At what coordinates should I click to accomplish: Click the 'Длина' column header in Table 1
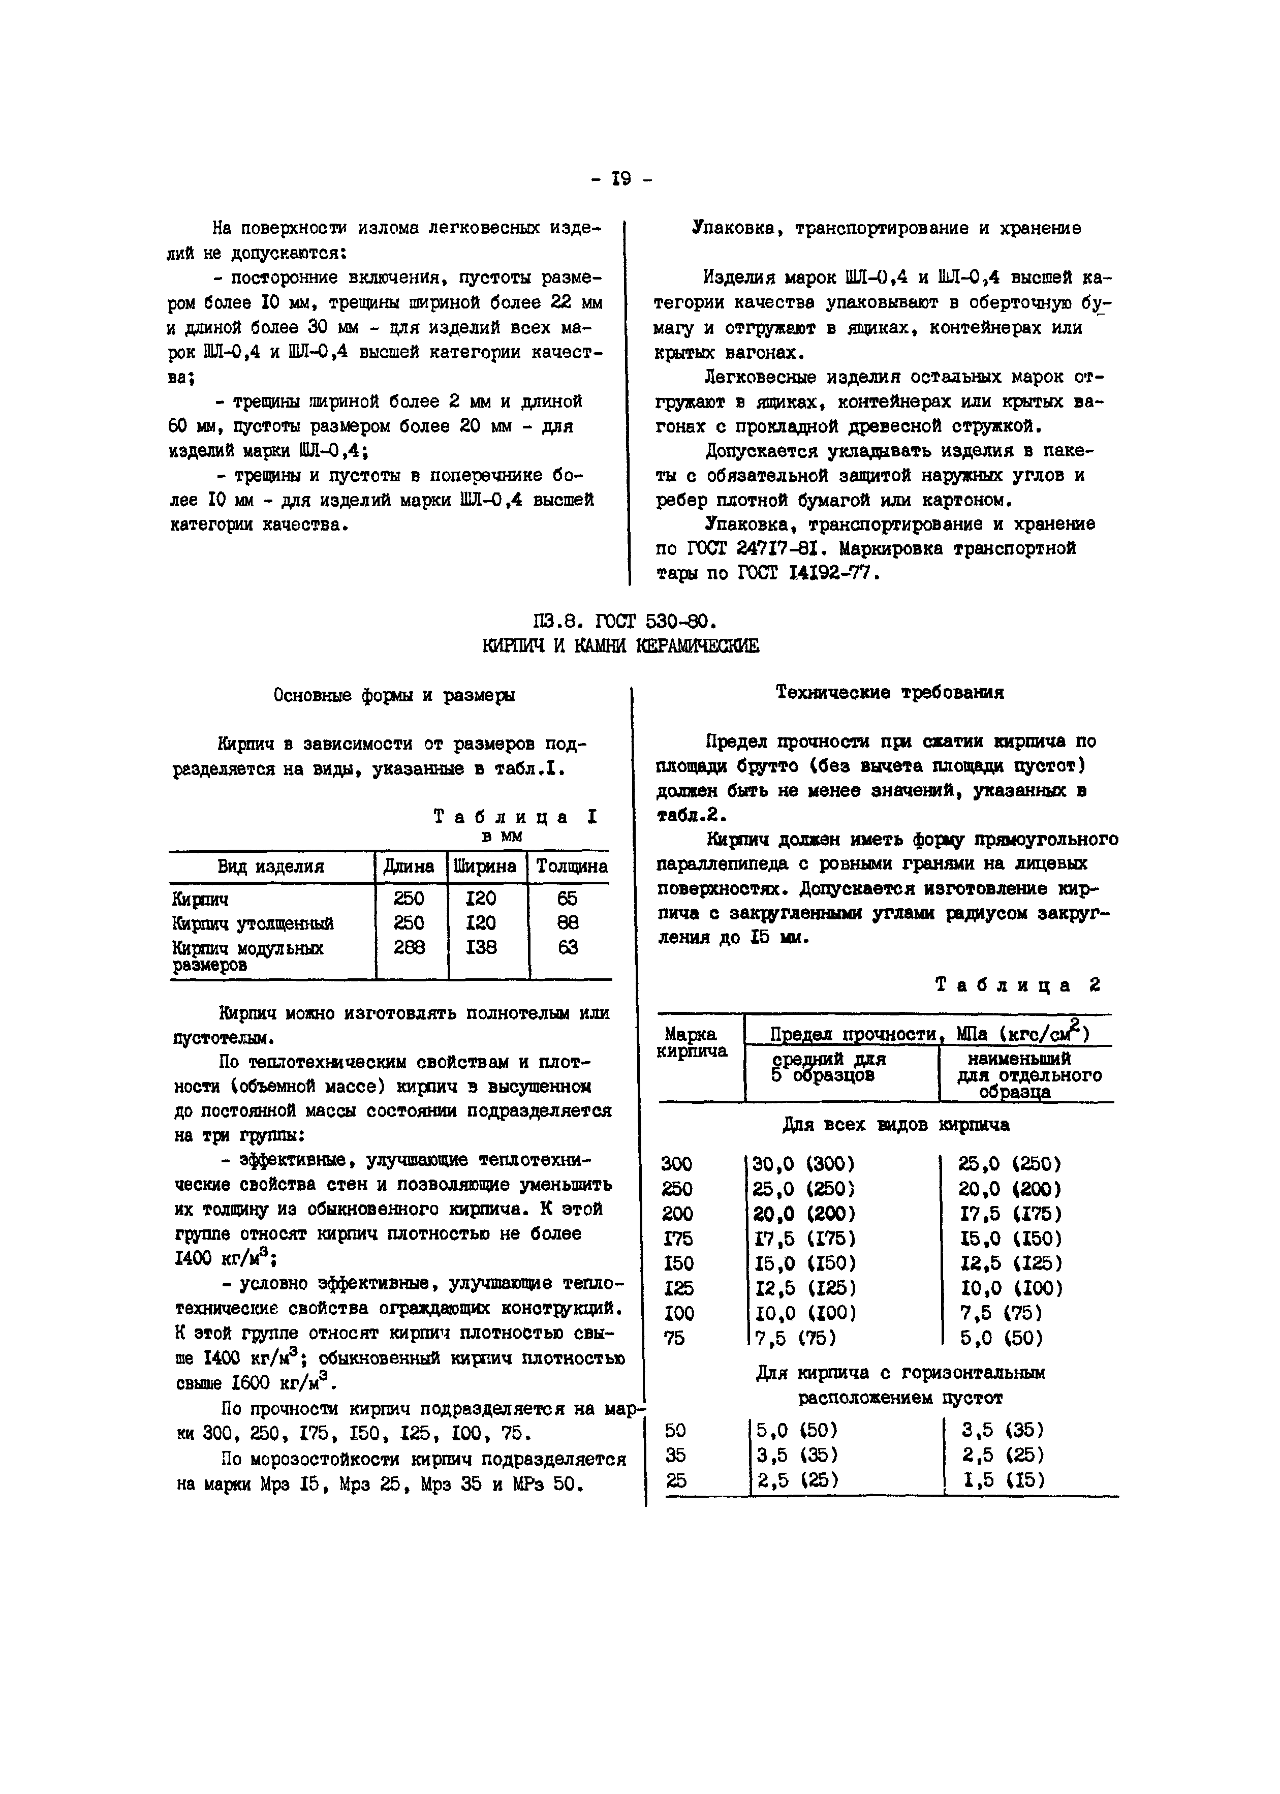pos(409,867)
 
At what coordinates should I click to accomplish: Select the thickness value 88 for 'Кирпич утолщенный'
pos(568,922)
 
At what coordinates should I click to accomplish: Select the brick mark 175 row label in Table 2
pos(677,1239)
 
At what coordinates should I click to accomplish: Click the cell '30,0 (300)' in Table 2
pos(804,1164)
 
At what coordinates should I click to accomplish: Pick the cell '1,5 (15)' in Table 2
pos(1004,1480)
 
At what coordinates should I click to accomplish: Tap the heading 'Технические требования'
pos(890,693)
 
